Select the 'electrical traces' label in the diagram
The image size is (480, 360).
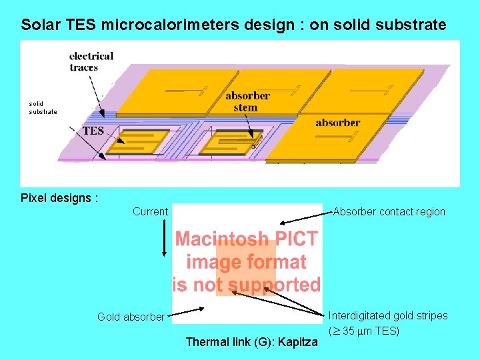91,61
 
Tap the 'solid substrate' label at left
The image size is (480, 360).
43,107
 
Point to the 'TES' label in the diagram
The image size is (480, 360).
93,131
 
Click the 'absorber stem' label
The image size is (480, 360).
247,101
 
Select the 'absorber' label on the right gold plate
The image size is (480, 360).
337,123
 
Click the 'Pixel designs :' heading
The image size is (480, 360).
59,198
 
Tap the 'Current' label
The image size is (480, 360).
150,212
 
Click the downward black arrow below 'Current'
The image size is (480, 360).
164,239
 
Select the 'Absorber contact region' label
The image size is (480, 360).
389,212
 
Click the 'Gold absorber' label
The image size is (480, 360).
131,317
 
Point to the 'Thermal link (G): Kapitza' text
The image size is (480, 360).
251,342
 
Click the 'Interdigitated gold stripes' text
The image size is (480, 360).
388,315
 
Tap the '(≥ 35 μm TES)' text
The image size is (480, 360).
363,330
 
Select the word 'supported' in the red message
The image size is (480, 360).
273,285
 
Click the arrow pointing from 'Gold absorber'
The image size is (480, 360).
186,312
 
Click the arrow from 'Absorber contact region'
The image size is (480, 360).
304,218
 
